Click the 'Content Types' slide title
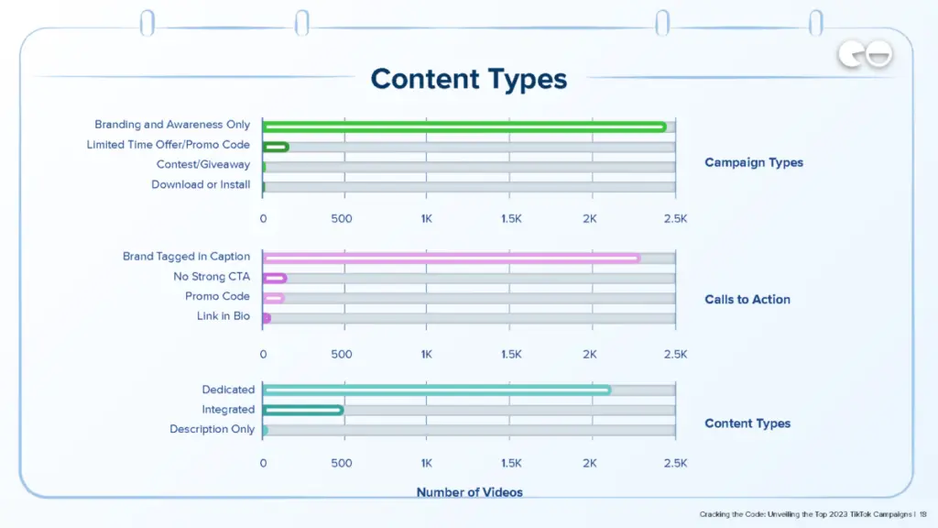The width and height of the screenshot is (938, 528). point(468,79)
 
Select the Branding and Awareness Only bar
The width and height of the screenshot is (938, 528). point(464,126)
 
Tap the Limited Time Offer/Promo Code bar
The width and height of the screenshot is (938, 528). point(275,147)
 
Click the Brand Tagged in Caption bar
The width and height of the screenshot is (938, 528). point(451,258)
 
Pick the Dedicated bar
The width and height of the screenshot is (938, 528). point(436,390)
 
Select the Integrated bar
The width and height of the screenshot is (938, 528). point(302,410)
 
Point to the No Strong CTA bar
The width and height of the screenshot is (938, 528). point(274,278)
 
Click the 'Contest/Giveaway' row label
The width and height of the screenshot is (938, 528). point(202,165)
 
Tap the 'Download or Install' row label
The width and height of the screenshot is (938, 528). point(201,185)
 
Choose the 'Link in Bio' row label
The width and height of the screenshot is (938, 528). point(223,317)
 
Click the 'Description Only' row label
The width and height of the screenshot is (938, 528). point(212,429)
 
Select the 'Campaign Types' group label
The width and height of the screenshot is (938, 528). point(753,162)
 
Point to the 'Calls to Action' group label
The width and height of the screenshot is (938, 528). point(747,299)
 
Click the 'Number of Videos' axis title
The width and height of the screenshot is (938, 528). point(469,492)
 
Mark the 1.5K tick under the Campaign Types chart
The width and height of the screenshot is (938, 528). point(510,219)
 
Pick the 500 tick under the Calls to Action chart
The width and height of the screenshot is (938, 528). point(341,354)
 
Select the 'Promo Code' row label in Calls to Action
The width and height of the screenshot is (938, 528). point(217,297)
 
